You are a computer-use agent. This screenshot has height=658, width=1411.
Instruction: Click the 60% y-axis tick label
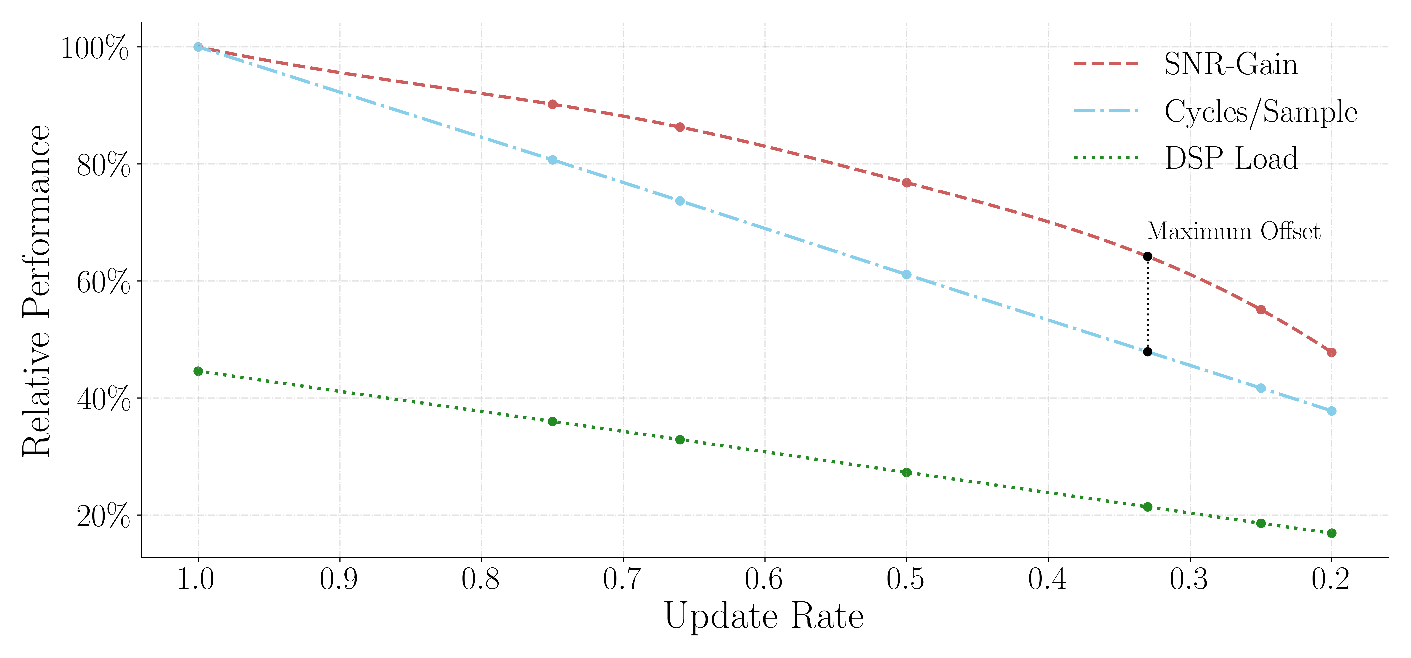103,282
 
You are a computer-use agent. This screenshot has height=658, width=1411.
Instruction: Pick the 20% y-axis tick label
103,516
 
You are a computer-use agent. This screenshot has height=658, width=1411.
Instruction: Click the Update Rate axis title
764,617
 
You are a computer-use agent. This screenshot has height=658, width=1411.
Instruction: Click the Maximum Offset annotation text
1234,232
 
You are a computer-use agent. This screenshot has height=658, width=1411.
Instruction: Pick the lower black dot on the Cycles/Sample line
1147,351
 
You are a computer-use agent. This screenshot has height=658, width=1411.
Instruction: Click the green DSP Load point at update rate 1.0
198,371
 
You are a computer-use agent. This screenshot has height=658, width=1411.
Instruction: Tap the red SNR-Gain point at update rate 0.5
906,183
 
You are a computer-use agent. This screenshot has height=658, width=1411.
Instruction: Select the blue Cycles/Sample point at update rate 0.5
906,274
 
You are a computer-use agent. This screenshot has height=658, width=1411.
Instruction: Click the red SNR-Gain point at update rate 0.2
1332,352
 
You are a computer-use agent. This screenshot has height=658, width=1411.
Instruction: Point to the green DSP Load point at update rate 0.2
1332,533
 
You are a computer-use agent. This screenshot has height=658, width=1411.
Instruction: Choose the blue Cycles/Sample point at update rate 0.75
552,160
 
